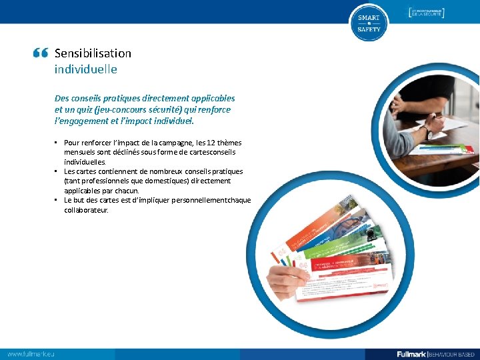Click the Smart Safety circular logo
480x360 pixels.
point(368,23)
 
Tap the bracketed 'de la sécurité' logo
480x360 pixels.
point(426,13)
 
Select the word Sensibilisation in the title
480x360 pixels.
point(93,53)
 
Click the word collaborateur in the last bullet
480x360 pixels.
point(85,210)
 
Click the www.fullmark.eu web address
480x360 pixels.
point(31,353)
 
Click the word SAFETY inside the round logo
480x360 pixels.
point(368,30)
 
